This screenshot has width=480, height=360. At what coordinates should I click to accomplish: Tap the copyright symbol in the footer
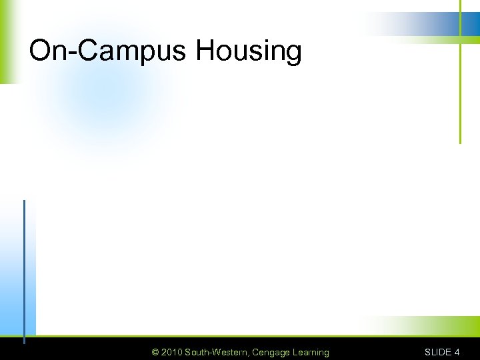(x=155, y=352)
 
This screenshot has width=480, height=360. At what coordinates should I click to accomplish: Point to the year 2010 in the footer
(x=172, y=352)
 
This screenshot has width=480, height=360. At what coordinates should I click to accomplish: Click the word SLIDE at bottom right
(x=437, y=352)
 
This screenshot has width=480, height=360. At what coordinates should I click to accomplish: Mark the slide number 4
(x=457, y=352)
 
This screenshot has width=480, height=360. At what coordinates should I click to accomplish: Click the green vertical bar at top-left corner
(x=4, y=40)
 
